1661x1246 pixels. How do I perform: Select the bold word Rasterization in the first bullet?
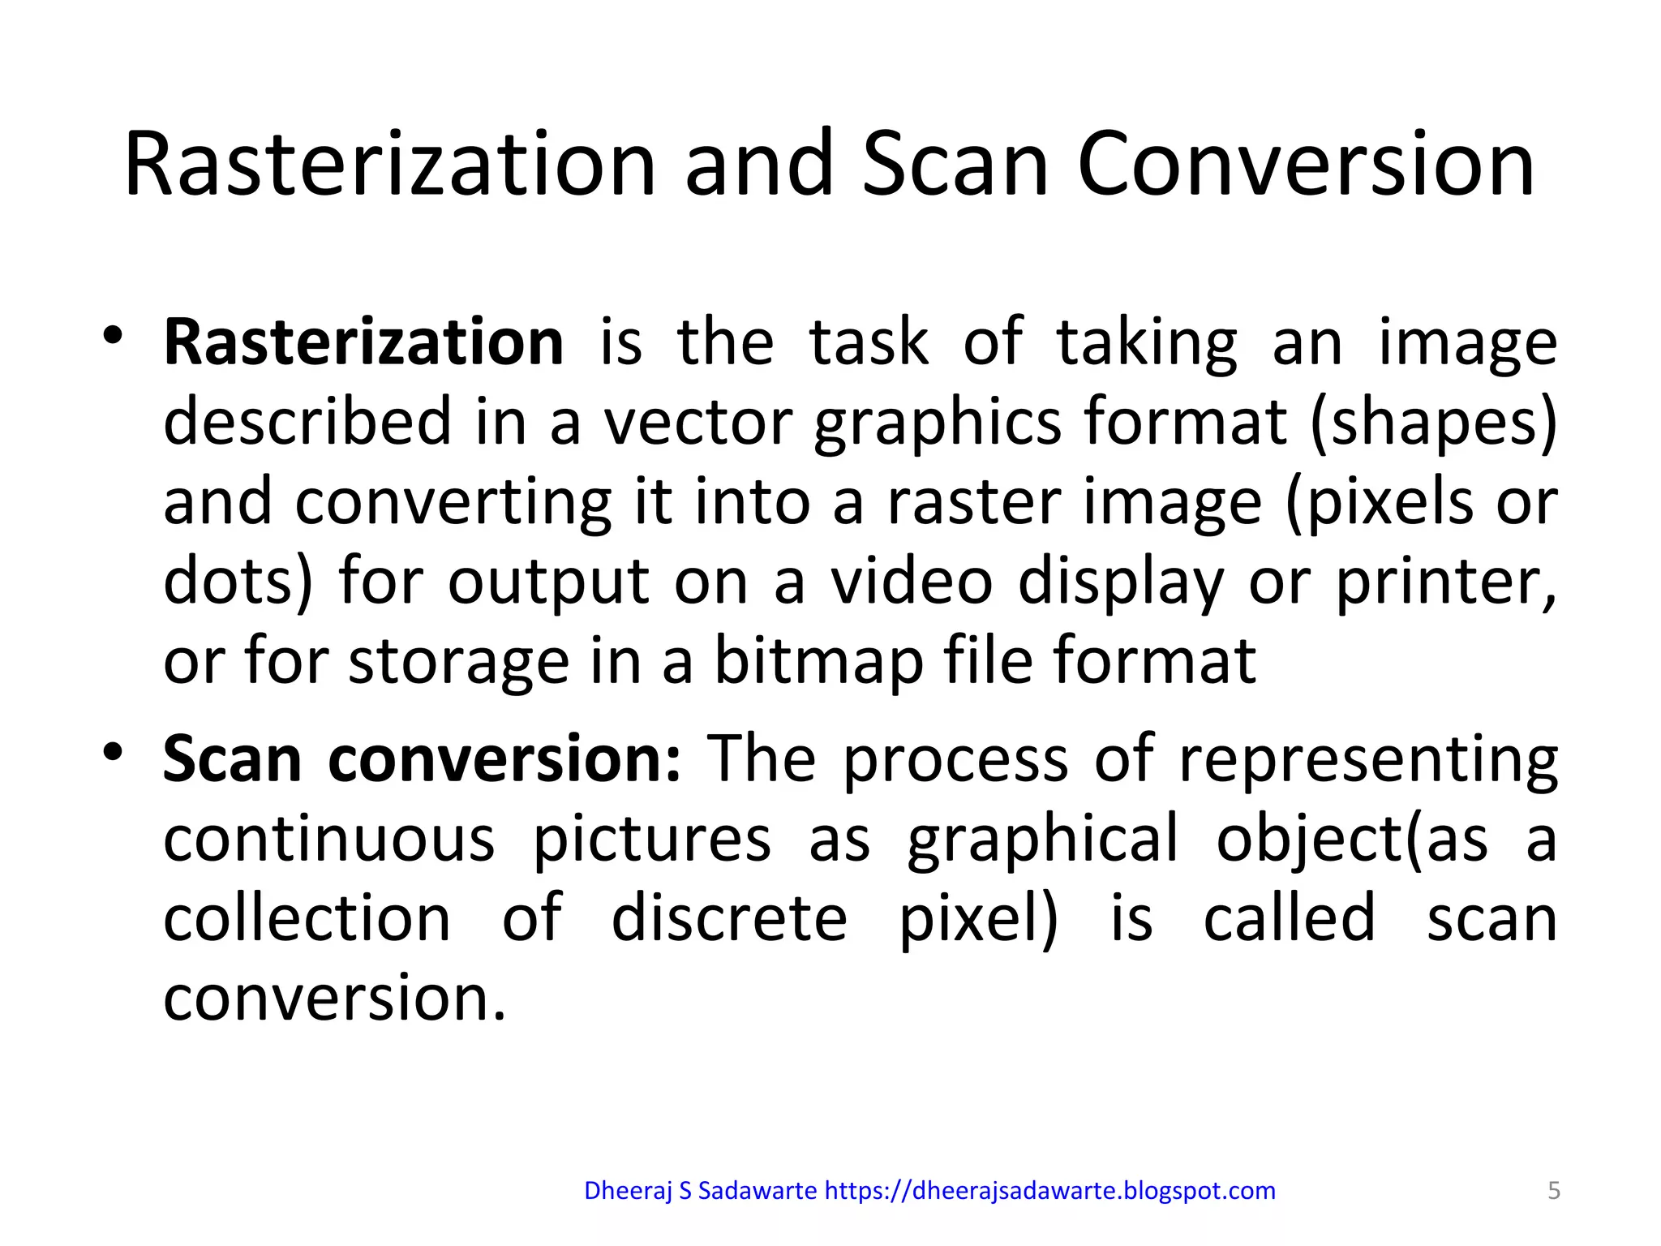(363, 342)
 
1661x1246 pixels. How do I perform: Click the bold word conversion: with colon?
(504, 759)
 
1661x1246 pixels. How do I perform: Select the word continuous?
(328, 839)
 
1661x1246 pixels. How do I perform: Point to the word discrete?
(728, 918)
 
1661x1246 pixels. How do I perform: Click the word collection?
(307, 918)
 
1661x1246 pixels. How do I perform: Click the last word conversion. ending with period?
(334, 998)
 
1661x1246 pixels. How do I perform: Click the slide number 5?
(1554, 1191)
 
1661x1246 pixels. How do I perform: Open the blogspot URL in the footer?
(1049, 1191)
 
